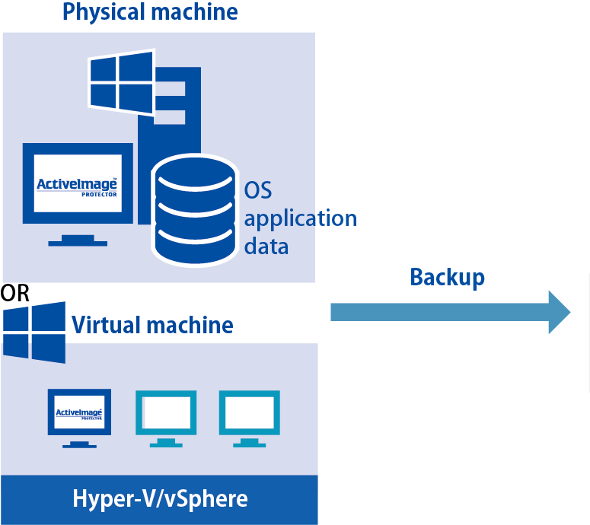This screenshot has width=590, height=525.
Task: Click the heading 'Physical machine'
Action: [149, 12]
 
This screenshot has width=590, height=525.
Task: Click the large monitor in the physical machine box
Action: [78, 183]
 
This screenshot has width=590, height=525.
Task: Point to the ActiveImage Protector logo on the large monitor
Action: [78, 184]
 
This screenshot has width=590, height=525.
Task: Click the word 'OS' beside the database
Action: [258, 189]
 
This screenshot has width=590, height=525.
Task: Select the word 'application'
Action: [300, 218]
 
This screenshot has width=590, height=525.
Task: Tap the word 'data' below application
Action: [266, 246]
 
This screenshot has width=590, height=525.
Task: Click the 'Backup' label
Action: [447, 277]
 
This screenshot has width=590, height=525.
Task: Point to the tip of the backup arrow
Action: [569, 312]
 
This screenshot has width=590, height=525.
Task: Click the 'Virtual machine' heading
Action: [151, 326]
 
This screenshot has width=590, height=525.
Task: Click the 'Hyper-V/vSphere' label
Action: [159, 499]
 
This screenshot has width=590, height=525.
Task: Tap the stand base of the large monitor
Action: [78, 243]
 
